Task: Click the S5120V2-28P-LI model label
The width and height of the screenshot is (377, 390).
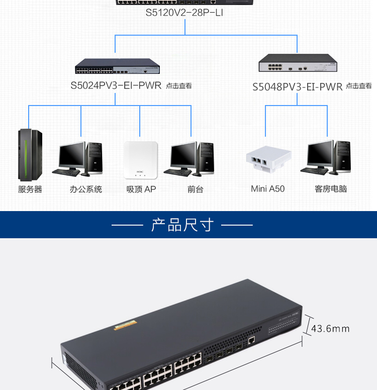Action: coord(184,13)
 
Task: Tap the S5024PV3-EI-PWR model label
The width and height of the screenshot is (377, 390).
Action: coord(116,85)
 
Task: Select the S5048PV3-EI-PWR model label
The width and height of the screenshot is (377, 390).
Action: coord(297,87)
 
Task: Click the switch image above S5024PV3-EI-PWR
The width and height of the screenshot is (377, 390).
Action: coord(118,66)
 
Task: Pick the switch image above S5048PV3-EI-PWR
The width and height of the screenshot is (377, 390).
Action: coord(297,63)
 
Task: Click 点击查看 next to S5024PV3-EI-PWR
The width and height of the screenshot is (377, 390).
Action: coord(179,86)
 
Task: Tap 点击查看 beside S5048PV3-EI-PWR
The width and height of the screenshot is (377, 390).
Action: coord(359,86)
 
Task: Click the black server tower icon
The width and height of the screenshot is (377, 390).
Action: coord(30,155)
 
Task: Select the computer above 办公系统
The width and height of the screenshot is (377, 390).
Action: coord(81,158)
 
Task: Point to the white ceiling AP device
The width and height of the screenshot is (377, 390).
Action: coord(141,160)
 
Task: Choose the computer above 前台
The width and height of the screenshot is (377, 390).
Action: coord(193,158)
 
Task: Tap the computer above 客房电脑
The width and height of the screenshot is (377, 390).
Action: coord(329,157)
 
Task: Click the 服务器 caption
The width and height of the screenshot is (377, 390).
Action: coord(30,189)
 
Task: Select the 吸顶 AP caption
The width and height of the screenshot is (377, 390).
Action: coord(141,189)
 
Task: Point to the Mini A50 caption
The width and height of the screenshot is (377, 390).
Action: coord(268,189)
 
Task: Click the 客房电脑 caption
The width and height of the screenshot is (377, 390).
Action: coord(331,189)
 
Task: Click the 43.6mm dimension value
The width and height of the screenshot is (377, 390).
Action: coord(330,329)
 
